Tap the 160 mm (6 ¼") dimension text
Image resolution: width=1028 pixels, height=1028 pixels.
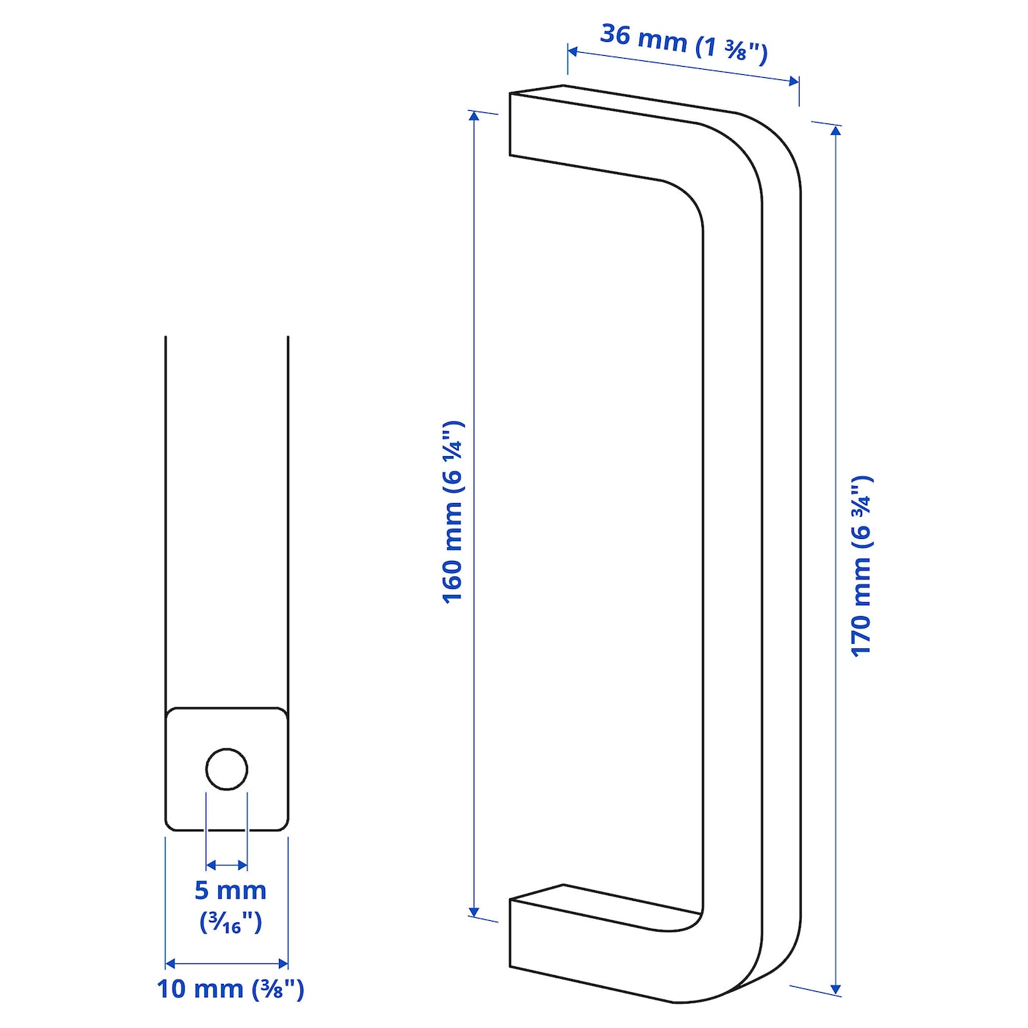click(x=453, y=512)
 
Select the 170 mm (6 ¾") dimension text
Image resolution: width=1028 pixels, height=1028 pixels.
click(x=861, y=565)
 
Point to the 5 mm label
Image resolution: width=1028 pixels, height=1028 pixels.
click(x=230, y=890)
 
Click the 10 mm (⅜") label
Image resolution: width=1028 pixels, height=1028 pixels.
click(x=230, y=988)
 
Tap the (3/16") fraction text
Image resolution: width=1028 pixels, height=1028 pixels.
click(x=230, y=922)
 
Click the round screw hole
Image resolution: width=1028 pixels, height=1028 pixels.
click(x=227, y=770)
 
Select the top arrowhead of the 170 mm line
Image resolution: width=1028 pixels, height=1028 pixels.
click(x=836, y=131)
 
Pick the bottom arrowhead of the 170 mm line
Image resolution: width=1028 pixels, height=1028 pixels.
click(x=836, y=988)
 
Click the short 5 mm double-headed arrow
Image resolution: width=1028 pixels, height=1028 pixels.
click(x=227, y=865)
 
